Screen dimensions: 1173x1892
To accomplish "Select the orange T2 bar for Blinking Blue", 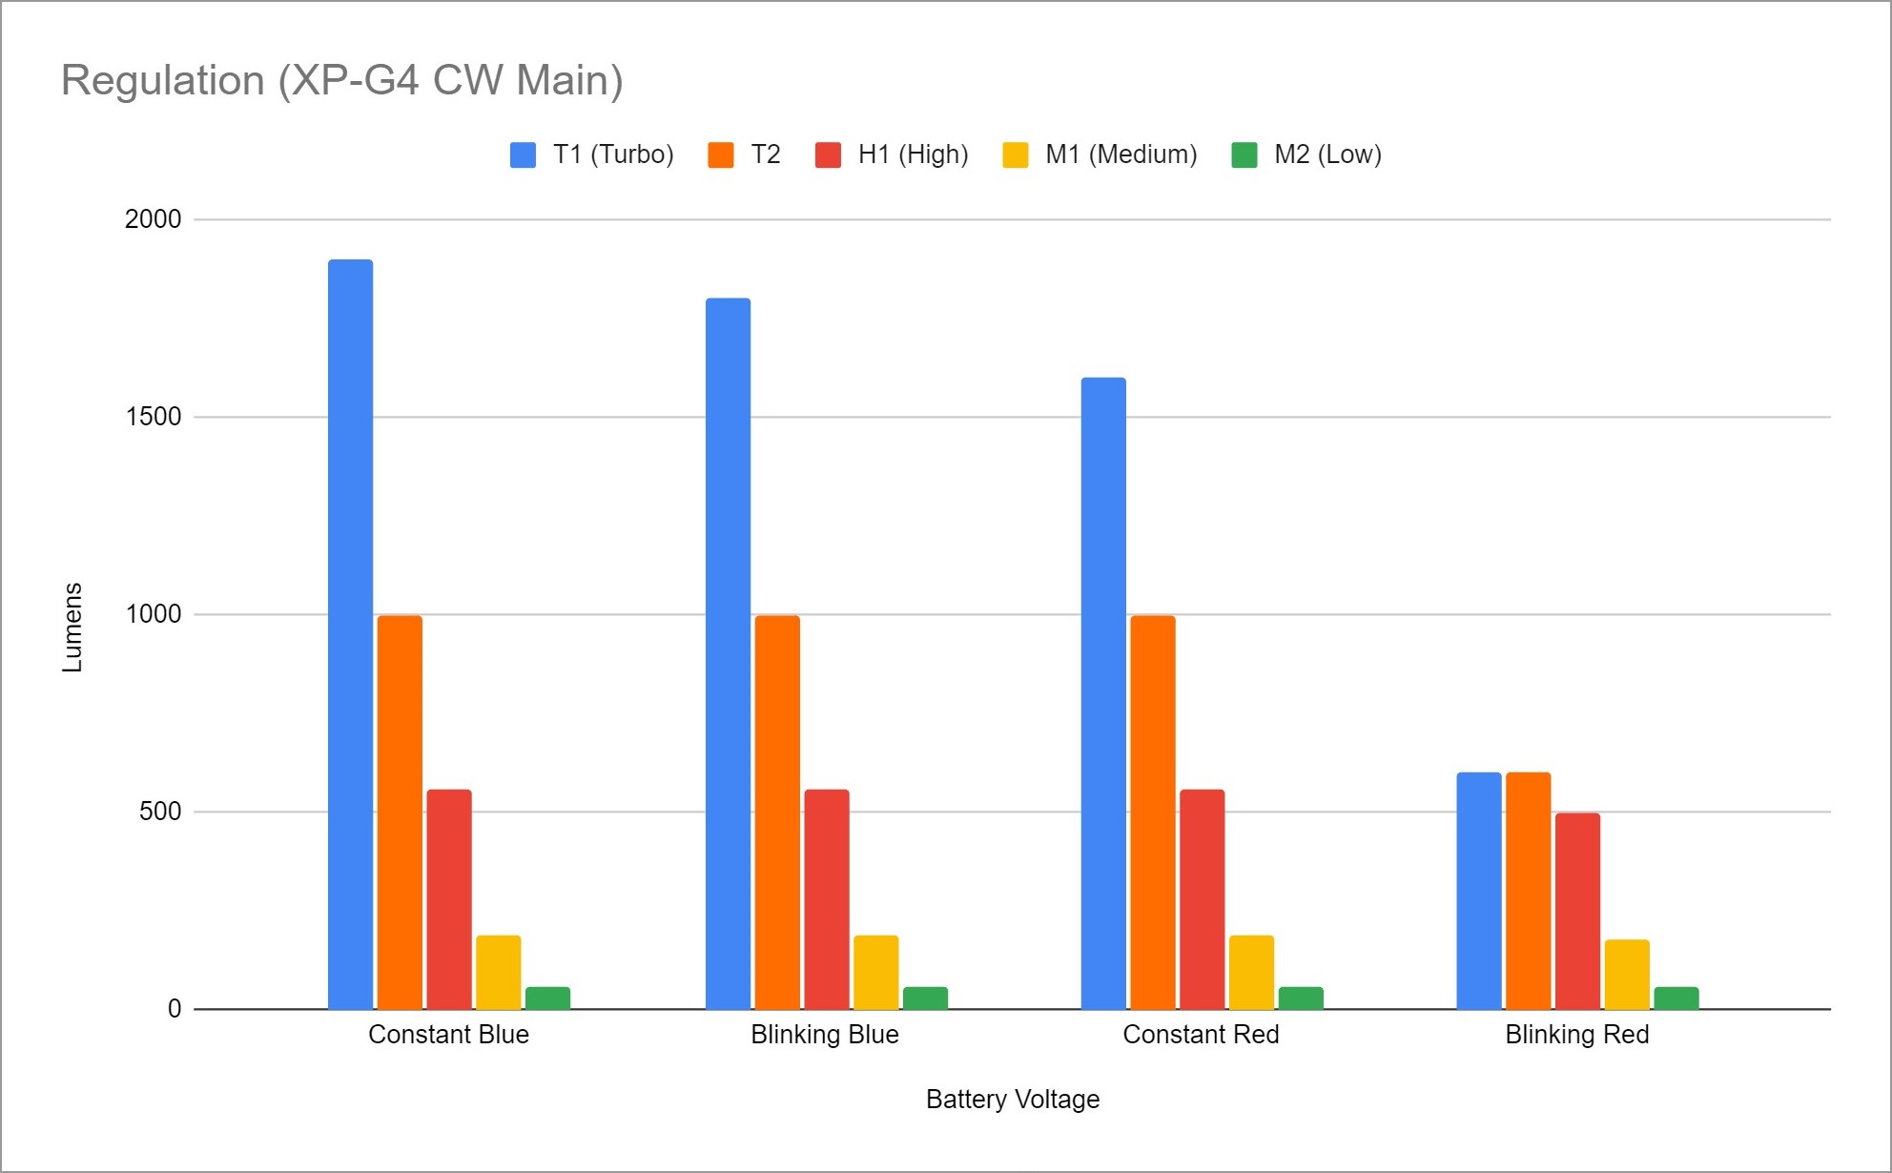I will pyautogui.click(x=777, y=812).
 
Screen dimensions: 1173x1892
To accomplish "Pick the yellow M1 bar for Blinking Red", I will pyautogui.click(x=1627, y=974).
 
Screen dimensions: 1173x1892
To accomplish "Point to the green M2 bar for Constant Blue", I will pyautogui.click(x=547, y=998).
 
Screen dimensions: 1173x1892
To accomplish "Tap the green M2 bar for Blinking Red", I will pyautogui.click(x=1676, y=998).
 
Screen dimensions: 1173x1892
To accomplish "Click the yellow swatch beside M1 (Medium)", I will pyautogui.click(x=1016, y=154).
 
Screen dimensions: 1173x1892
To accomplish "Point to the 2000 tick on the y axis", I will pyautogui.click(x=153, y=219).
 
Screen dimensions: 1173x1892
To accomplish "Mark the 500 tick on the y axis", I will pyautogui.click(x=159, y=812).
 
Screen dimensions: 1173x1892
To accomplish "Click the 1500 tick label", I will pyautogui.click(x=153, y=417).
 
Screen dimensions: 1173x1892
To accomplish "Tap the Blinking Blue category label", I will pyautogui.click(x=825, y=1035).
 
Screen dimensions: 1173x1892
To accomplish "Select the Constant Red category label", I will pyautogui.click(x=1201, y=1035).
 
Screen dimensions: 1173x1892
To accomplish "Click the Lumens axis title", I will pyautogui.click(x=72, y=627).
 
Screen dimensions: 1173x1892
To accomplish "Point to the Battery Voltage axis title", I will pyautogui.click(x=1013, y=1100).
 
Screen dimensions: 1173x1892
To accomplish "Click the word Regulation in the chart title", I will pyautogui.click(x=163, y=80).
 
